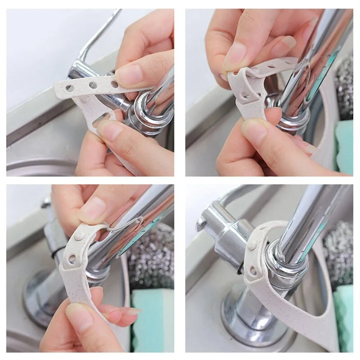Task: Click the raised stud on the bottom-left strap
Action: [x=80, y=237]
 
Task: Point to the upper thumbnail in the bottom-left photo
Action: [x=92, y=209]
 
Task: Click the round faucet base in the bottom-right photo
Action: [x=252, y=315]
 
